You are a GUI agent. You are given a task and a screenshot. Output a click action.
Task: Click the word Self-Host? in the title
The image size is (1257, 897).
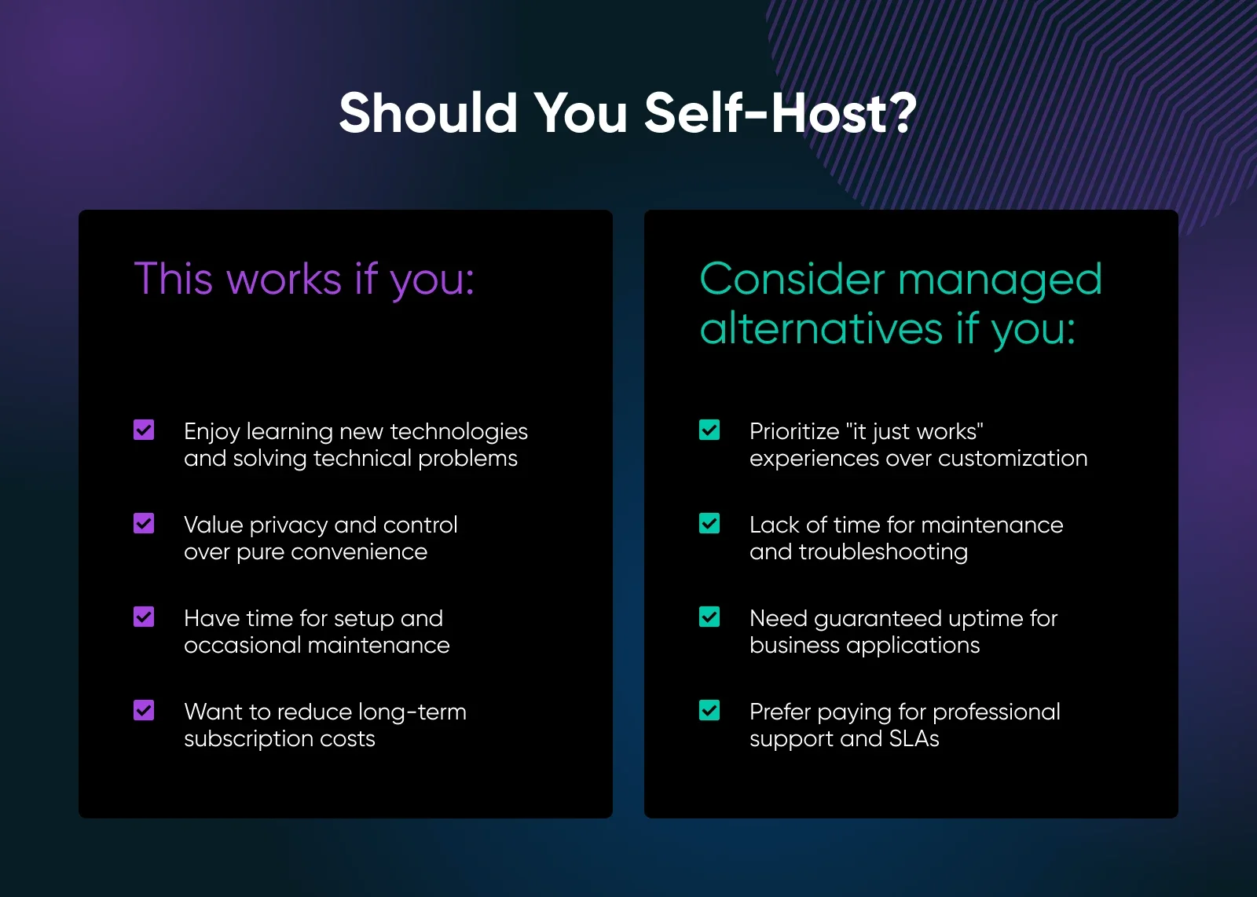780,113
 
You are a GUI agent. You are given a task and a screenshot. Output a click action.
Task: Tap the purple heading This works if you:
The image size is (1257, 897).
304,279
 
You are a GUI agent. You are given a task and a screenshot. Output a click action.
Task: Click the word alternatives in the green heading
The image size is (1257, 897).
821,328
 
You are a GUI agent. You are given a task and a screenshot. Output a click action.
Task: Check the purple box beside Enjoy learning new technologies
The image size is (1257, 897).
144,430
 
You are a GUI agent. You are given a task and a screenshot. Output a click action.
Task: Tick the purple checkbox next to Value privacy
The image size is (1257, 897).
144,523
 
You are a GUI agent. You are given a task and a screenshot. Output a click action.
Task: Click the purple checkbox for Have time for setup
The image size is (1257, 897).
144,617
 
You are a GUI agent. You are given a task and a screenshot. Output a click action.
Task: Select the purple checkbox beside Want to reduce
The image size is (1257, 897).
144,710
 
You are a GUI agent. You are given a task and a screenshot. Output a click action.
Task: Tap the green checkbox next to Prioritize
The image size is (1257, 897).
709,430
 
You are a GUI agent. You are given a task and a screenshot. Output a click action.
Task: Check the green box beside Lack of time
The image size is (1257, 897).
709,523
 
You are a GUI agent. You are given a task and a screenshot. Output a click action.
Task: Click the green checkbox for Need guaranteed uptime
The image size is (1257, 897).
709,617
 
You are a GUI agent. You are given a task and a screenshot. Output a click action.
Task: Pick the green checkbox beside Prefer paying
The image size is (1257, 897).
709,710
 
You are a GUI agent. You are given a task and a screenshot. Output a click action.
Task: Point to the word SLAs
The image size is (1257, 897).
914,738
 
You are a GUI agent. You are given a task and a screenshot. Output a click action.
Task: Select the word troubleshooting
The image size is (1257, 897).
883,552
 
